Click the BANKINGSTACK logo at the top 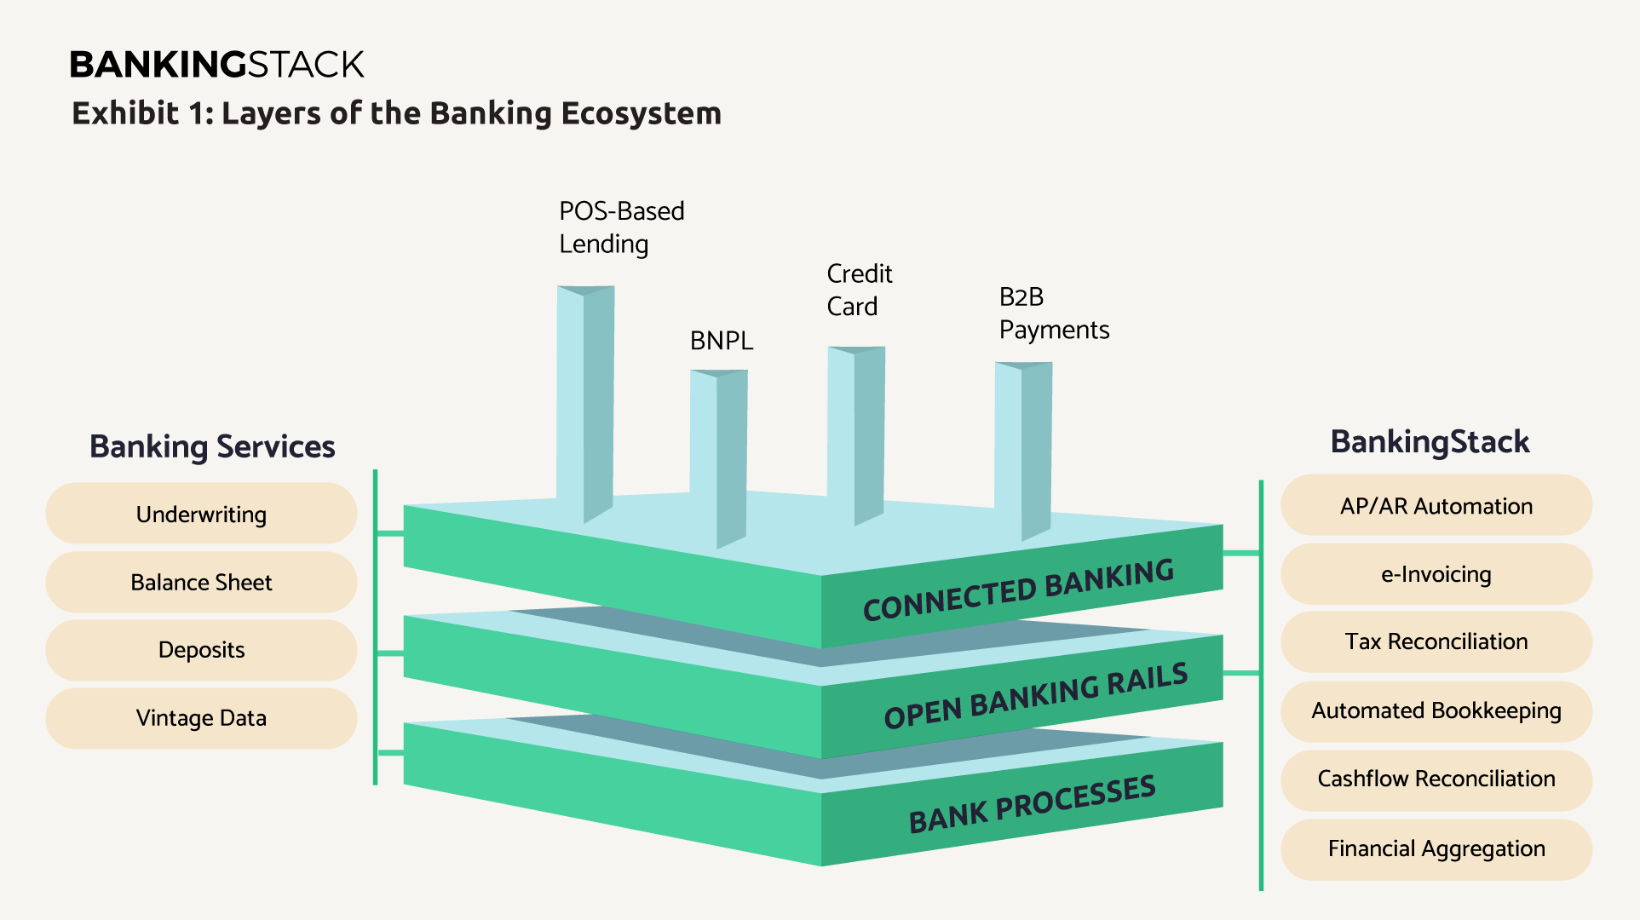pyautogui.click(x=216, y=65)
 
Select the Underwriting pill pyautogui.click(x=201, y=514)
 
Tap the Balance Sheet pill pyautogui.click(x=201, y=582)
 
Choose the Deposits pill pyautogui.click(x=201, y=650)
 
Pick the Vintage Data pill pyautogui.click(x=201, y=718)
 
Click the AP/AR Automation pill pyautogui.click(x=1436, y=505)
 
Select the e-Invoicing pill pyautogui.click(x=1436, y=574)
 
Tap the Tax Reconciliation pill pyautogui.click(x=1436, y=641)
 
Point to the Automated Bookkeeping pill pyautogui.click(x=1436, y=711)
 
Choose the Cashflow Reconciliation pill pyautogui.click(x=1436, y=779)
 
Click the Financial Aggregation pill pyautogui.click(x=1436, y=849)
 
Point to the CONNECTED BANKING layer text pyautogui.click(x=1019, y=589)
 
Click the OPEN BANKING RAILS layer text pyautogui.click(x=1036, y=696)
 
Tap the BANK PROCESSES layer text pyautogui.click(x=1033, y=803)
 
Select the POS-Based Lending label pyautogui.click(x=622, y=227)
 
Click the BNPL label pyautogui.click(x=722, y=341)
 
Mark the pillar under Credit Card pyautogui.click(x=856, y=435)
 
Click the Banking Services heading pyautogui.click(x=212, y=446)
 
